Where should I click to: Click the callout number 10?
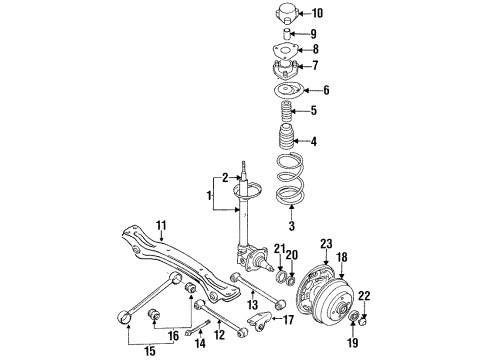(318, 13)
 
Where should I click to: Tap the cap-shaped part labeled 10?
(286, 13)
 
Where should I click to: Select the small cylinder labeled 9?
(287, 34)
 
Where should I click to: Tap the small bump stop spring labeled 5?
(286, 111)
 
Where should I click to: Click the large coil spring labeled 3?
(290, 178)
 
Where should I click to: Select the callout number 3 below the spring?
(292, 226)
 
